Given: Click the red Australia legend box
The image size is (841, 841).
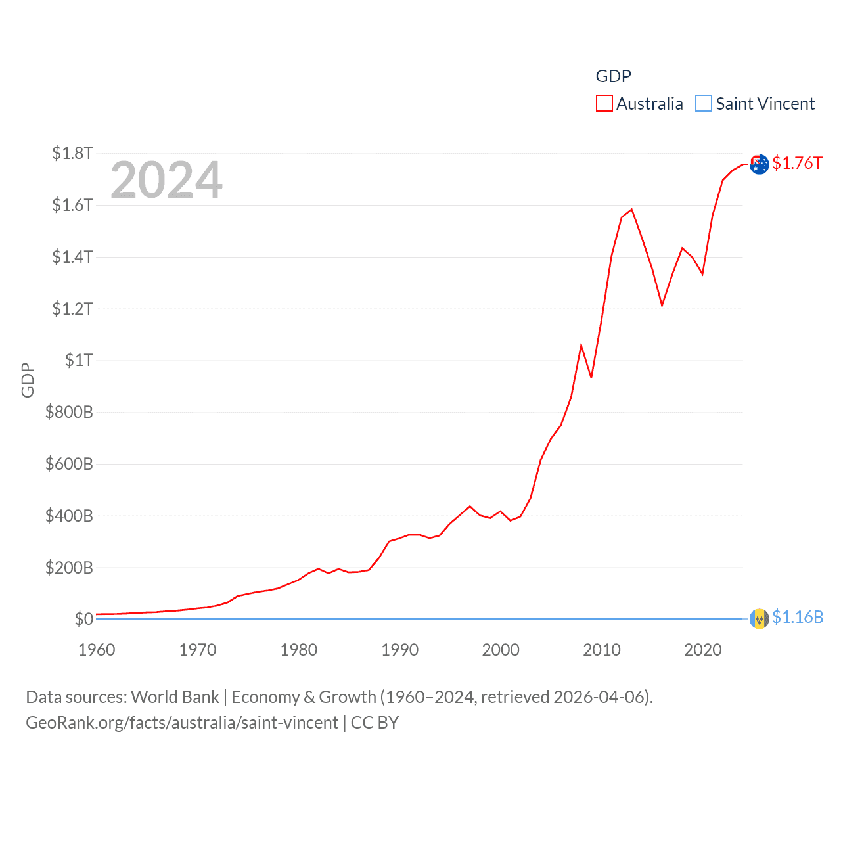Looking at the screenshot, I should coord(604,104).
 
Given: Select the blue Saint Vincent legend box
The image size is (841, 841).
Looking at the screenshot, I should coord(703,104).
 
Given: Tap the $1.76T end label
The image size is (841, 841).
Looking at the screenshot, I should coord(797,163).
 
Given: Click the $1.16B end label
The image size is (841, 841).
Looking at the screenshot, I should coord(798,618).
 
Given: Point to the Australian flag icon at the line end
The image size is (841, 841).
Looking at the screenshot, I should coord(760,164).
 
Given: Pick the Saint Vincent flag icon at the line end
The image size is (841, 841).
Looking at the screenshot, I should coord(760,619).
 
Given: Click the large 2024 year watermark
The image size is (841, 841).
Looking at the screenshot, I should coord(166,180).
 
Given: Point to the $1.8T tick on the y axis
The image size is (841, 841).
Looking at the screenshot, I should coord(72,154).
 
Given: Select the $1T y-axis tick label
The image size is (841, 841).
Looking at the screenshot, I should coord(79,361).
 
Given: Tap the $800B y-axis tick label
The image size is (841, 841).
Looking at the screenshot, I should coord(69,413).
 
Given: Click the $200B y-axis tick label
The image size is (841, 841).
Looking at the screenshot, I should coord(69,568).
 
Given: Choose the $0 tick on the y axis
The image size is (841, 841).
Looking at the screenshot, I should coord(83,620).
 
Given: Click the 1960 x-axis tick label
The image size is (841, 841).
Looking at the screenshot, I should coord(97,650).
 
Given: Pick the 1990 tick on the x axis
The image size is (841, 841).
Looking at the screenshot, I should coord(399,650).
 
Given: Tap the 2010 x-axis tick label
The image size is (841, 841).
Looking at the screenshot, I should coord(602,650).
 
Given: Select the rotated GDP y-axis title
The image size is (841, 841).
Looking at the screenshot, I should coord(28,380).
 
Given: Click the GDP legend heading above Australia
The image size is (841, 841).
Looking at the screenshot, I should coord(613,76).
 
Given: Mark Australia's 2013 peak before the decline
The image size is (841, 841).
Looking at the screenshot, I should coord(631,210).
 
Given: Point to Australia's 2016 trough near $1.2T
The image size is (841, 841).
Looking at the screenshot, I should coord(662,305).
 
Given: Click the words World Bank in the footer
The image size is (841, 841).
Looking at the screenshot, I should coord(175,697).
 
